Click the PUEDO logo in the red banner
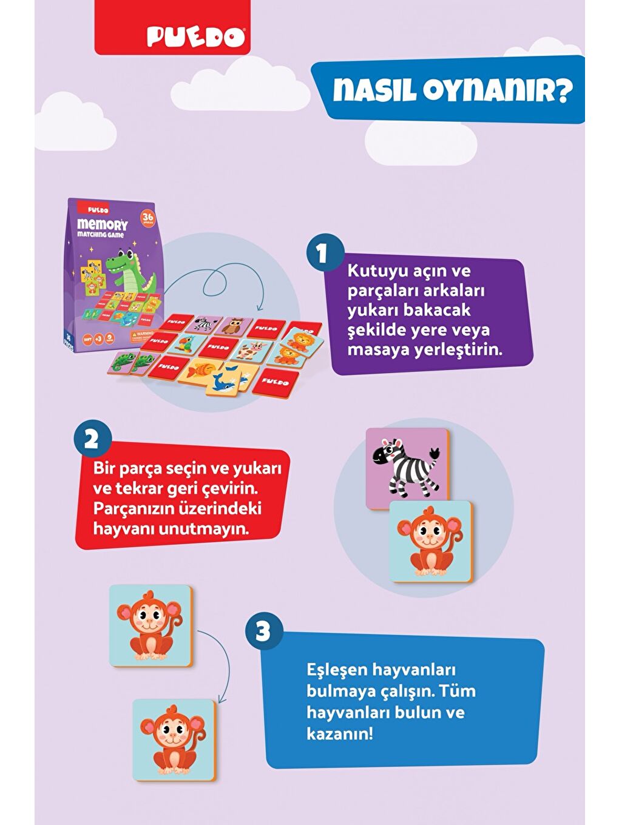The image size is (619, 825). tap(196, 38)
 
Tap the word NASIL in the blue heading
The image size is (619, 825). tap(374, 91)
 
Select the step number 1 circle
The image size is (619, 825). tap(322, 254)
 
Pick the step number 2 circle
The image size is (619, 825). tap(92, 439)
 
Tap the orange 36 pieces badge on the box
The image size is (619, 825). tap(147, 218)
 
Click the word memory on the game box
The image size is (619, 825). tap(102, 225)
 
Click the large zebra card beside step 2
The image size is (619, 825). tap(407, 467)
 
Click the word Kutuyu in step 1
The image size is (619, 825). tap(374, 271)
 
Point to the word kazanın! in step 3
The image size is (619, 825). tap(340, 733)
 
